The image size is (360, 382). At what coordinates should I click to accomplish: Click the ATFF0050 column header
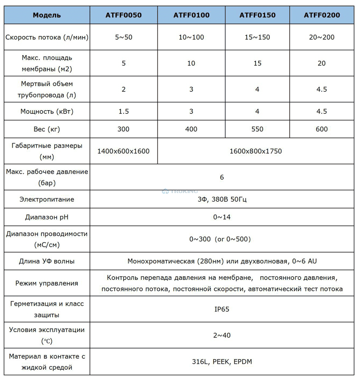(x=123, y=15)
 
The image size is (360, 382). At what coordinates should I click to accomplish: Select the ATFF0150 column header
(x=257, y=15)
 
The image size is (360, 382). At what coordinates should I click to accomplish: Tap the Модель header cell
(x=47, y=15)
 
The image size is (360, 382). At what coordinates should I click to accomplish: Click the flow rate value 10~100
(x=191, y=37)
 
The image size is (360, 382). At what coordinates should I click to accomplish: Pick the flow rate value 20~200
(x=321, y=37)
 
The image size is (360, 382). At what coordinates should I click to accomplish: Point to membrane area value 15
(x=257, y=63)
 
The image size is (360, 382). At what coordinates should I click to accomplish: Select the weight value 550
(x=257, y=129)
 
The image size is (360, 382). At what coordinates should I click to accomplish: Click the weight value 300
(x=123, y=129)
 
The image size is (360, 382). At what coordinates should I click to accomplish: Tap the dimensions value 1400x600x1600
(x=123, y=151)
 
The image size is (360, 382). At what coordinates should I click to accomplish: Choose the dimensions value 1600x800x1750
(x=255, y=151)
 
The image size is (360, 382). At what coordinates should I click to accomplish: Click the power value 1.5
(x=123, y=112)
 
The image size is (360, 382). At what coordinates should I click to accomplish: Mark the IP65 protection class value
(x=222, y=309)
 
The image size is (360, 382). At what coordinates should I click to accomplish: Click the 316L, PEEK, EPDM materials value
(x=222, y=362)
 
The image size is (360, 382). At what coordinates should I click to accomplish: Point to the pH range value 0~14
(x=222, y=217)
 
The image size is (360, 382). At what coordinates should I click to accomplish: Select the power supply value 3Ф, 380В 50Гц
(x=222, y=199)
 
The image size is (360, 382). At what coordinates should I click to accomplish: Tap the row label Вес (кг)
(x=47, y=129)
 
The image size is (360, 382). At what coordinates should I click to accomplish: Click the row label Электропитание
(x=47, y=199)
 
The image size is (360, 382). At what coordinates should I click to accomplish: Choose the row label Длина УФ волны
(x=47, y=261)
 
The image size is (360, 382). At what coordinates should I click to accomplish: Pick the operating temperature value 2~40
(x=222, y=335)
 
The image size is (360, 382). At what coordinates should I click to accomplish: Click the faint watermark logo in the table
(x=180, y=191)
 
